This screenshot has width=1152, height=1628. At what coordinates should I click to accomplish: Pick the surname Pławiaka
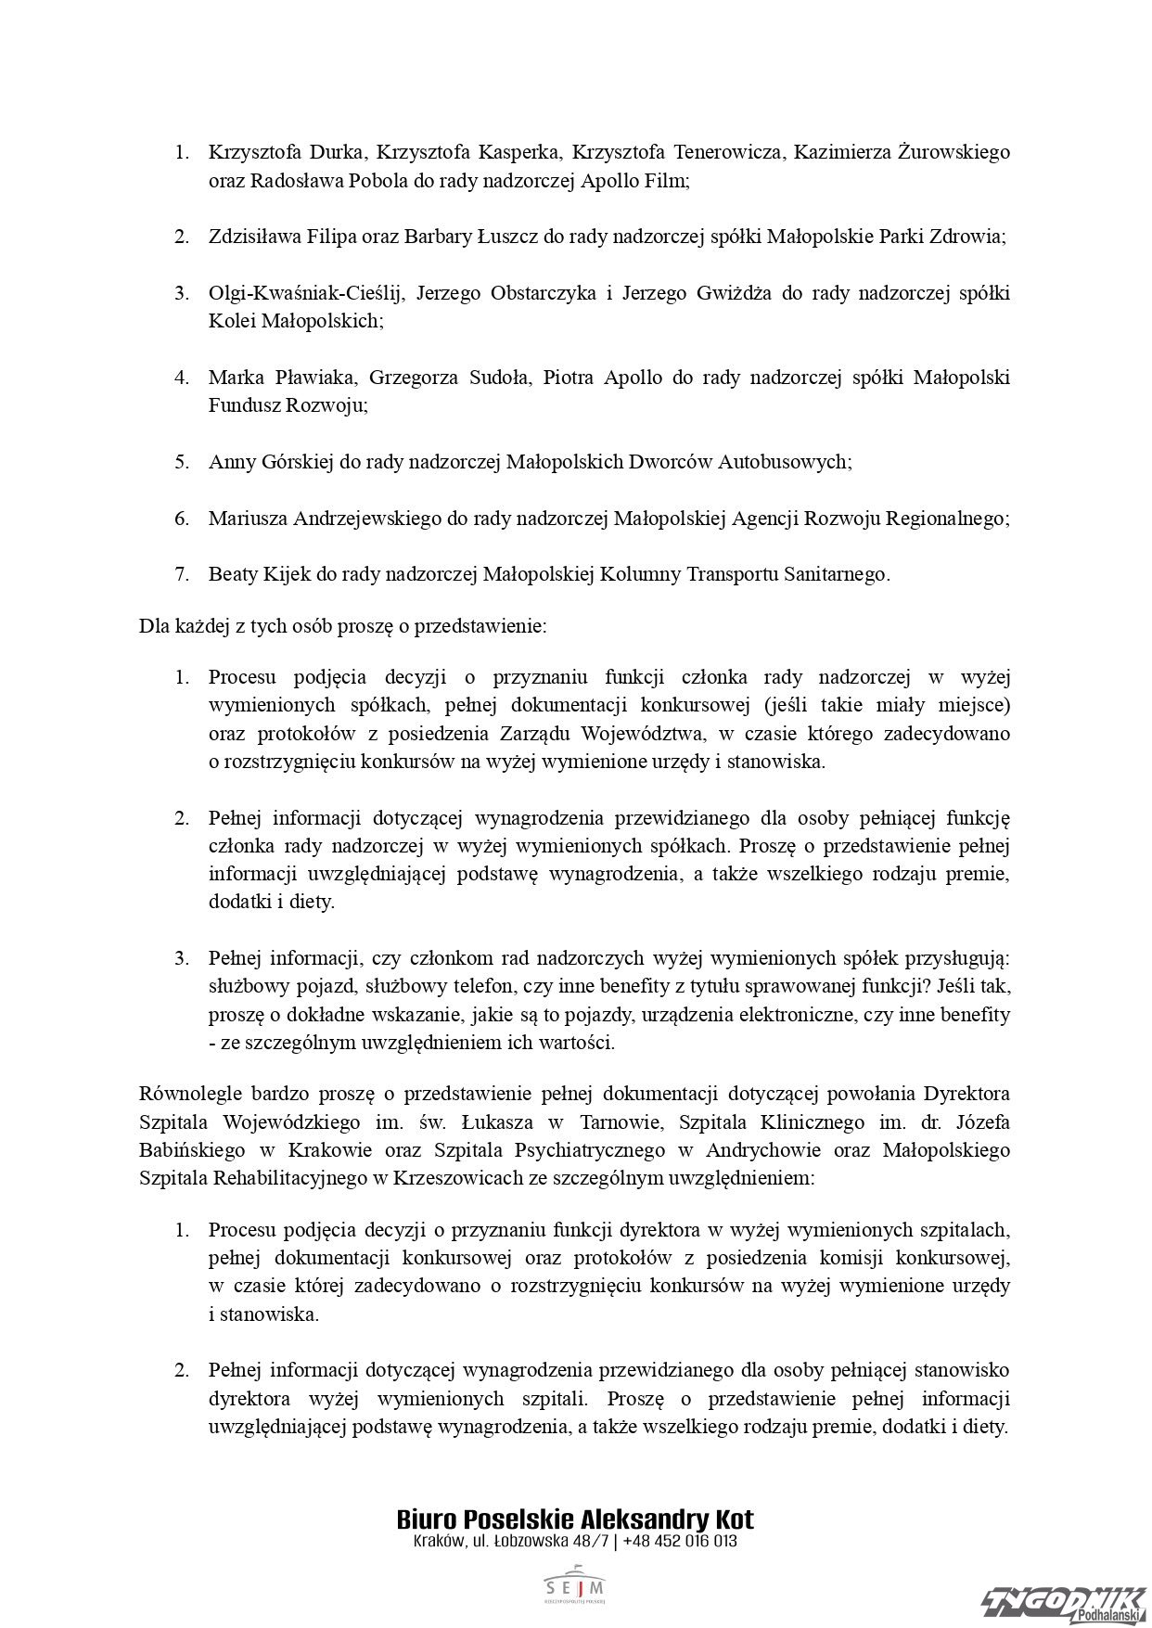pos(309,378)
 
